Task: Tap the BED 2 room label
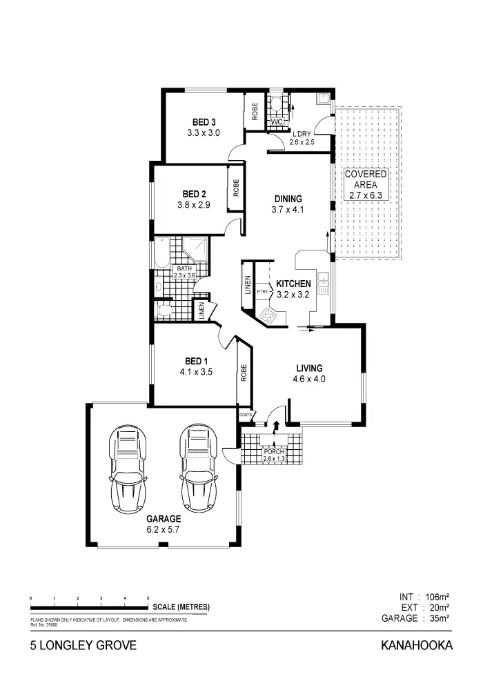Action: pos(195,194)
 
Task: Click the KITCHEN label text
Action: pos(293,284)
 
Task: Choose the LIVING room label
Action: pos(310,368)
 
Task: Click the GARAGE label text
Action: pos(163,519)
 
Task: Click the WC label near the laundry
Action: pos(277,122)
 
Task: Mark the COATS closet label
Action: pos(245,414)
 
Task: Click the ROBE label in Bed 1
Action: pos(244,373)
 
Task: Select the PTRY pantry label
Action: pos(262,291)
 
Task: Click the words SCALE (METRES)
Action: pos(181,607)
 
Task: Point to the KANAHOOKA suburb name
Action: pos(416,646)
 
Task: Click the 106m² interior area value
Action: pos(437,595)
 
